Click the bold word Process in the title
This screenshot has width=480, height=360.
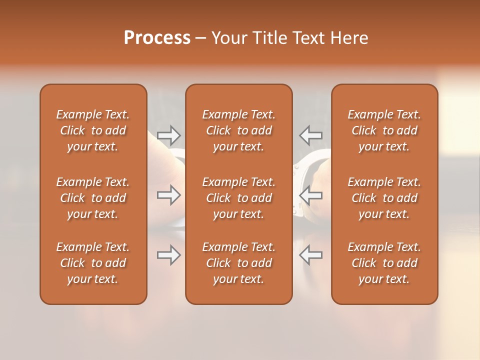pos(157,38)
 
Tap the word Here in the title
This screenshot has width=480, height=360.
pos(349,38)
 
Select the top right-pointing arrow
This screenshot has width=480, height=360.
pos(168,135)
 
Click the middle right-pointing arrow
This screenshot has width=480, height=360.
pos(168,195)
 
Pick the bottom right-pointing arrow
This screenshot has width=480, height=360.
pos(168,255)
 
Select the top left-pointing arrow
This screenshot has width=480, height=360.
pos(310,135)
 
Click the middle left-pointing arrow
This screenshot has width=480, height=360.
pos(310,195)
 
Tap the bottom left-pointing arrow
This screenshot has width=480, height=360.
pos(310,255)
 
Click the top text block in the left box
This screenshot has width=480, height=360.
pos(93,130)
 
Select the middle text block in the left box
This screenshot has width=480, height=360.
pos(93,198)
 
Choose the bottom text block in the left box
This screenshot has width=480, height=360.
pos(93,263)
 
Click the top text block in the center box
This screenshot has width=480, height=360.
pos(238,130)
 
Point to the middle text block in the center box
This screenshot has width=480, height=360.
pos(238,198)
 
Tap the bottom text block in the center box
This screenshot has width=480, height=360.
pos(238,263)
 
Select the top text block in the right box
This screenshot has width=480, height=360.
pos(384,130)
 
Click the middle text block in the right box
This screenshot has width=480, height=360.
pos(384,198)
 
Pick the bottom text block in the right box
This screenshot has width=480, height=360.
pos(384,263)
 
